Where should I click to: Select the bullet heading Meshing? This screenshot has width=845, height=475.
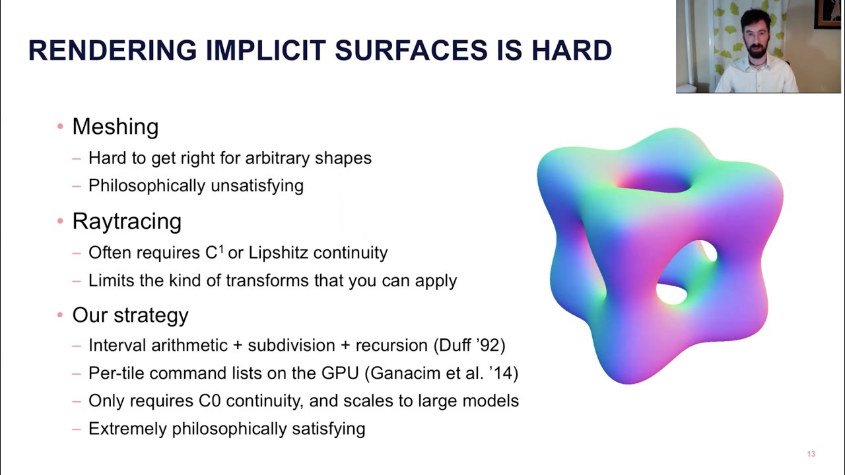115,126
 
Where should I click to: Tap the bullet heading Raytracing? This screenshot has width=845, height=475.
126,221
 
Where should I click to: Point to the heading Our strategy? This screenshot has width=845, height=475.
130,315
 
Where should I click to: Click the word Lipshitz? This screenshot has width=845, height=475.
277,253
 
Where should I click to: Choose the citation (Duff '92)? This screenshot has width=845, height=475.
469,345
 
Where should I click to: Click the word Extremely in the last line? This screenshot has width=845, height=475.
128,428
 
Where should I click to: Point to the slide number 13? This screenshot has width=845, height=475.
811,454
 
